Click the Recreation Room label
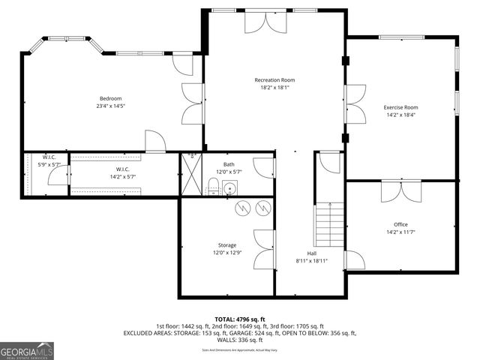274,79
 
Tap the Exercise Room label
400,107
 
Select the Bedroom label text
110,98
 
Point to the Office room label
400,224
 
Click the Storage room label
227,245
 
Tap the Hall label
311,253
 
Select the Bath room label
229,164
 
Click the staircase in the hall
328,225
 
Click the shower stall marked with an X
190,175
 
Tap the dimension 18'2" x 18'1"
274,87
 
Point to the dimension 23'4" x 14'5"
110,106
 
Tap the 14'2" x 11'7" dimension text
400,232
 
